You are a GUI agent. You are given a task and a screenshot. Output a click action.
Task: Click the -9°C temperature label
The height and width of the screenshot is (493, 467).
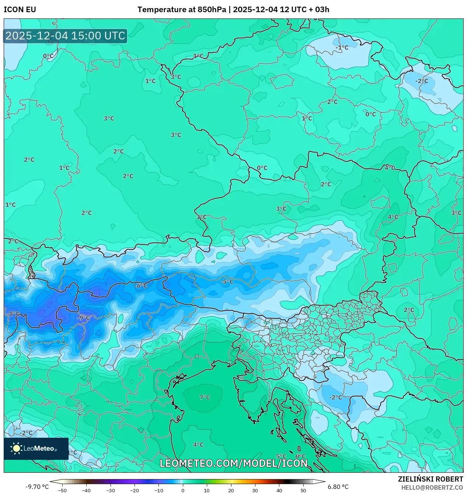click(84, 318)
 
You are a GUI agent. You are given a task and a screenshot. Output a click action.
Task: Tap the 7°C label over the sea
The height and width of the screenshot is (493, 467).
click(205, 397)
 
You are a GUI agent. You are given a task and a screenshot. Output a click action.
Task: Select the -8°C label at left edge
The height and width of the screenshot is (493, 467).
click(13, 314)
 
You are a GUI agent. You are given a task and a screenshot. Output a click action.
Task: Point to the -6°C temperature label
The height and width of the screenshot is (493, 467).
click(140, 286)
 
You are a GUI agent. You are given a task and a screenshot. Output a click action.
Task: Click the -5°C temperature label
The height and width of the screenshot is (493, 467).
click(227, 282)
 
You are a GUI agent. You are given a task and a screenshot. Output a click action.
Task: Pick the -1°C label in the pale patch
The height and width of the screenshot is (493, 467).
click(342, 48)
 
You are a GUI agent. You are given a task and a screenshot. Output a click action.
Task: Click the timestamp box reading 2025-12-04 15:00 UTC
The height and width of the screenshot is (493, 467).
click(65, 36)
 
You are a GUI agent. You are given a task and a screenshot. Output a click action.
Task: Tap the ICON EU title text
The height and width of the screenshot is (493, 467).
click(20, 10)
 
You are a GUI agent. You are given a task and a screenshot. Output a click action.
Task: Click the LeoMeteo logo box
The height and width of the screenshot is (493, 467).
click(36, 448)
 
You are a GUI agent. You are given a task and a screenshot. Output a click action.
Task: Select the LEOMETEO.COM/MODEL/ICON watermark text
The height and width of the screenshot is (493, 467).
click(233, 463)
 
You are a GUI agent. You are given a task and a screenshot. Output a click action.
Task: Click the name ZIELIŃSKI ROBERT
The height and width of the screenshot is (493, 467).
click(430, 479)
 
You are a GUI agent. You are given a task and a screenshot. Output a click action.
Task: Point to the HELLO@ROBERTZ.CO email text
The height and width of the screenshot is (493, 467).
click(432, 487)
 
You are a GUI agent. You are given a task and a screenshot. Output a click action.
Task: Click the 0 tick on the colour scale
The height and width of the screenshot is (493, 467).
click(183, 490)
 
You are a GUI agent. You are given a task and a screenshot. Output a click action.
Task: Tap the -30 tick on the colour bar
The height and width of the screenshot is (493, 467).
click(111, 490)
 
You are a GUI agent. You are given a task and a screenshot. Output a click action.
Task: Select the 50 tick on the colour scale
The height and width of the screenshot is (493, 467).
click(303, 490)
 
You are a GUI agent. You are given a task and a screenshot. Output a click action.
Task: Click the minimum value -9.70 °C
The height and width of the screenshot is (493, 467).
click(37, 487)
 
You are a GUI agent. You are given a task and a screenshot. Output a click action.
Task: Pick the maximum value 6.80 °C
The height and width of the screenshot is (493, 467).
click(338, 487)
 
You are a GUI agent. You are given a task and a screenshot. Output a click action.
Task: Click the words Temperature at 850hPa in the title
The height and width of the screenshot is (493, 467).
click(182, 10)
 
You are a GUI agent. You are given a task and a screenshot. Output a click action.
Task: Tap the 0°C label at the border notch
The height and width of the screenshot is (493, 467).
click(262, 168)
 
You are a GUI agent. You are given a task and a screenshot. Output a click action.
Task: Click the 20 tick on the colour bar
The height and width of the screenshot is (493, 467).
click(231, 490)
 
